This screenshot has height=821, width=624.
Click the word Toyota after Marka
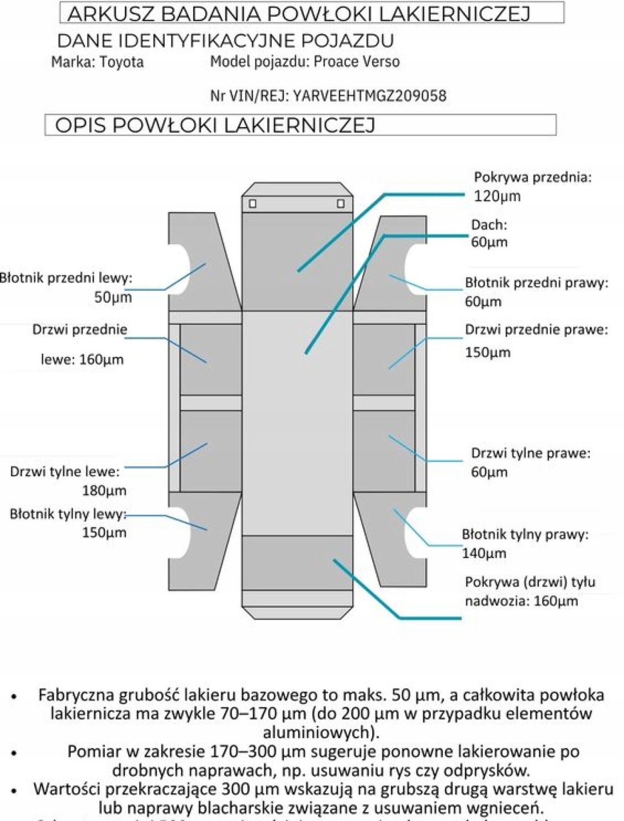click(x=121, y=62)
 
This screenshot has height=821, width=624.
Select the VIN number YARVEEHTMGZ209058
click(x=369, y=96)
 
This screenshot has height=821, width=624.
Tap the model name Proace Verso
click(x=357, y=62)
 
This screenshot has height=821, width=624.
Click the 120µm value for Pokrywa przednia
click(x=497, y=197)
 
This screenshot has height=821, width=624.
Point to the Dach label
click(x=488, y=225)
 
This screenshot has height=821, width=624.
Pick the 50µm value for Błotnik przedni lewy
click(x=113, y=297)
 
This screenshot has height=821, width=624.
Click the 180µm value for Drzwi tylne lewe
click(x=104, y=490)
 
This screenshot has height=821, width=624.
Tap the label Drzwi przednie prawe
click(x=536, y=330)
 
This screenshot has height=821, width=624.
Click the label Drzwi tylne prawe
click(x=530, y=453)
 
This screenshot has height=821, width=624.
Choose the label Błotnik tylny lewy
click(x=67, y=514)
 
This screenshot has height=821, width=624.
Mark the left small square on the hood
click(x=252, y=204)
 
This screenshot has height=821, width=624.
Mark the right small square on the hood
click(x=340, y=204)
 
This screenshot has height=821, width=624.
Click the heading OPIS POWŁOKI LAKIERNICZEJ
click(x=215, y=125)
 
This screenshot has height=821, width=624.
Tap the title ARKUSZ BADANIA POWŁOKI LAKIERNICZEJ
click(x=299, y=14)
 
